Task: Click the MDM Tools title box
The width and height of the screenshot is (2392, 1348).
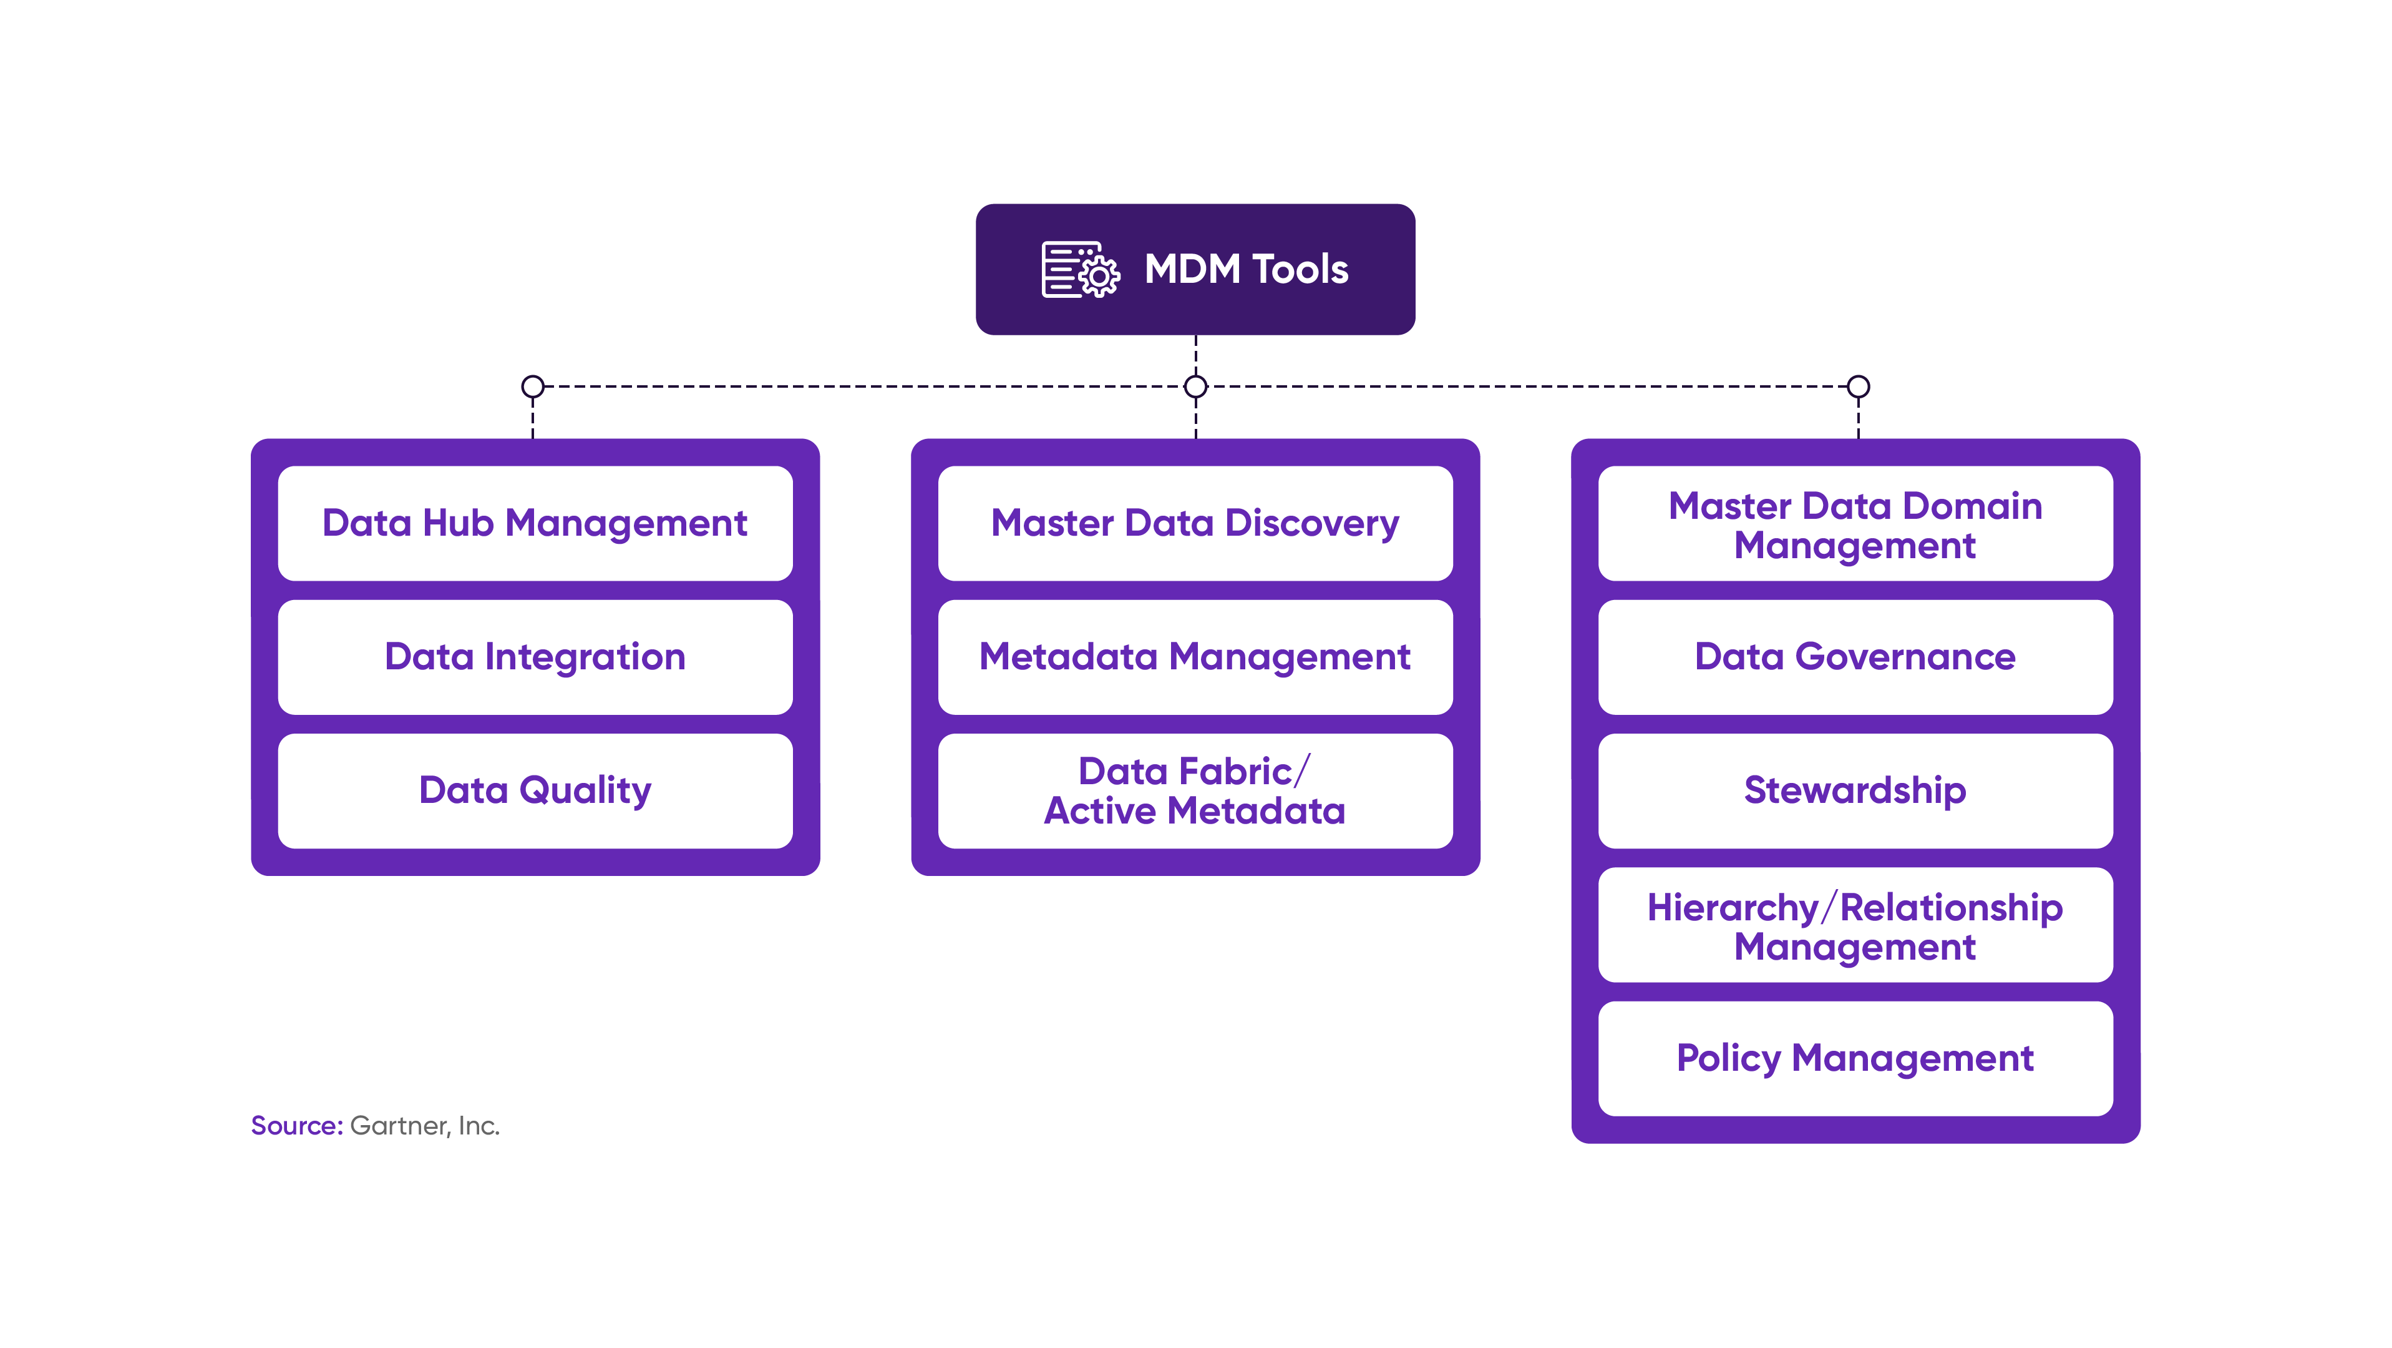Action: click(x=1195, y=270)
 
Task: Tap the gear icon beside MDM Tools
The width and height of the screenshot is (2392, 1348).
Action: click(x=1099, y=276)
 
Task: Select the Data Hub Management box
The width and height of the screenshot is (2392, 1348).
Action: click(x=535, y=523)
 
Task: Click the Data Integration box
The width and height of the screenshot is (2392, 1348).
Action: click(x=535, y=657)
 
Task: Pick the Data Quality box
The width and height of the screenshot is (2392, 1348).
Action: click(x=535, y=790)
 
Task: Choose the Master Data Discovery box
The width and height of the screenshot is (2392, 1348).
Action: click(x=1195, y=523)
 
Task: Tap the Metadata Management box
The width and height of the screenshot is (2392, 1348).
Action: click(x=1195, y=657)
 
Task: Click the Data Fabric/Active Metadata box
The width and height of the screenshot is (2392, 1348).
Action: click(x=1195, y=790)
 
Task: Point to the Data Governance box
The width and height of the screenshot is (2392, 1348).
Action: click(x=1855, y=657)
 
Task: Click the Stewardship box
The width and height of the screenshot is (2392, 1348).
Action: click(x=1855, y=790)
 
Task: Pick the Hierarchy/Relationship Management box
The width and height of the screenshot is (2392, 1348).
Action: click(x=1855, y=925)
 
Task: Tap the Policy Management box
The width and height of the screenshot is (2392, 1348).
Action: click(x=1855, y=1058)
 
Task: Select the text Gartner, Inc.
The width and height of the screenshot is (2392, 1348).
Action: click(x=424, y=1126)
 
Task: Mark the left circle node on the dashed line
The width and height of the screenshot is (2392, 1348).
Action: click(x=533, y=386)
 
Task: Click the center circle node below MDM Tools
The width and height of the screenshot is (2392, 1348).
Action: click(x=1196, y=386)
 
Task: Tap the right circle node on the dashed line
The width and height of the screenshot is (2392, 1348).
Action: click(x=1858, y=386)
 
